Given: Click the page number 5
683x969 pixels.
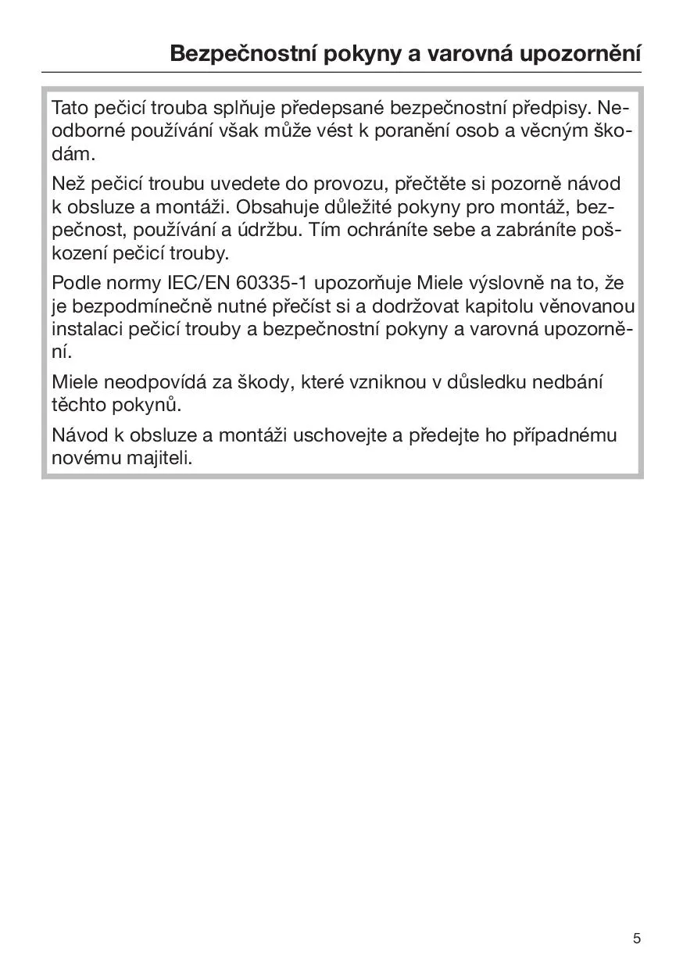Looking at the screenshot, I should [637, 939].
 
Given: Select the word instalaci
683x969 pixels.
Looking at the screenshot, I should [84, 329].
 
